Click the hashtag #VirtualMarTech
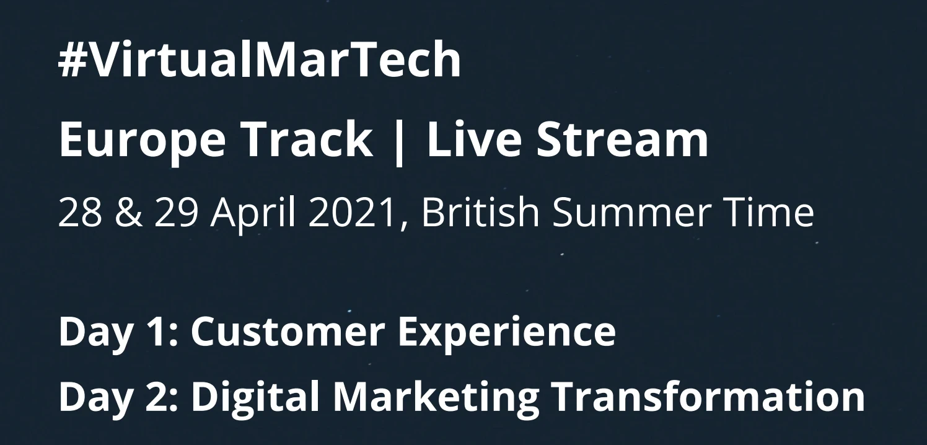coord(260,60)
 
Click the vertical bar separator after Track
coord(400,141)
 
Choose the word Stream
coord(622,139)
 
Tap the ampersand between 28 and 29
coord(125,213)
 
